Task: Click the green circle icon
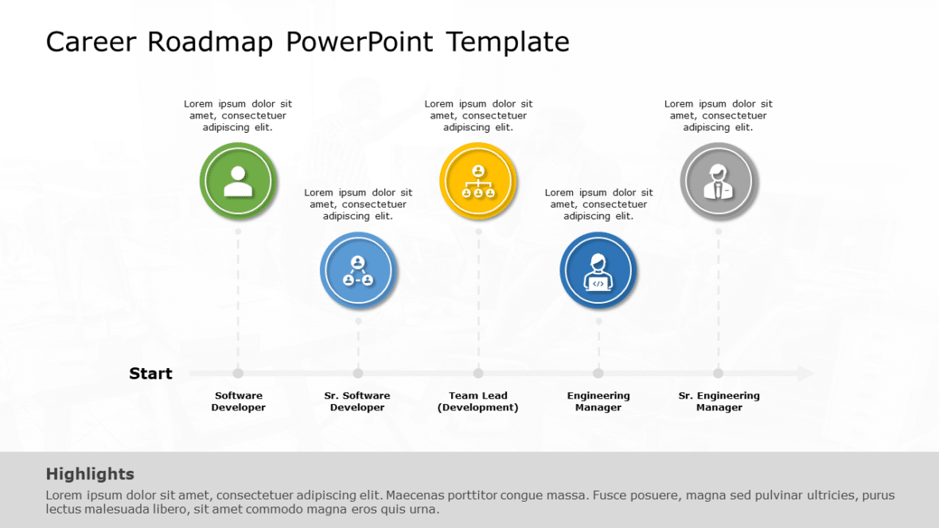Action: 238,181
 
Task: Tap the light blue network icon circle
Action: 358,270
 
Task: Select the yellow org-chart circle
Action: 478,181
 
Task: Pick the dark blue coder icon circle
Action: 598,270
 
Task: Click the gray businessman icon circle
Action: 719,181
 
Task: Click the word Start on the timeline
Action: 150,374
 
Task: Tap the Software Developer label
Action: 238,402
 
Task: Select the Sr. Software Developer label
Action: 357,402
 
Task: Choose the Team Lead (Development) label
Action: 478,402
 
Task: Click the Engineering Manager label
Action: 598,402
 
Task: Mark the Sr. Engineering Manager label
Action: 719,402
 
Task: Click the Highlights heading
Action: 90,474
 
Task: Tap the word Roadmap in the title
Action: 210,41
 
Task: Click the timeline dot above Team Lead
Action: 478,373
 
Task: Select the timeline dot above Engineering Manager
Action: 598,373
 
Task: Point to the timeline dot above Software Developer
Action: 238,373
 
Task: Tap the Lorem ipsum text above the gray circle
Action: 719,115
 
